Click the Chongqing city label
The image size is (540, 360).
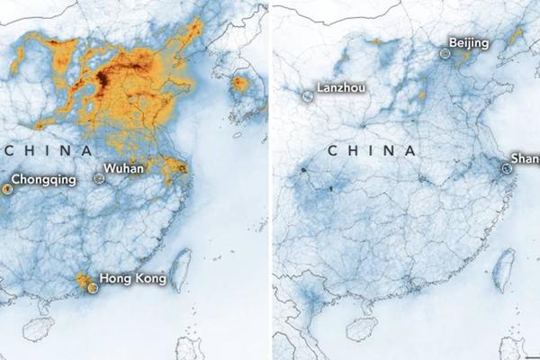43,179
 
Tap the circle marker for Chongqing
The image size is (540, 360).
5,188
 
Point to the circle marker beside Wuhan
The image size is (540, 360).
99,179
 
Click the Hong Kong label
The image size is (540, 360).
131,279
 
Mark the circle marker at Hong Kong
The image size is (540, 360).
92,287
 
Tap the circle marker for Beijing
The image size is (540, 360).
445,54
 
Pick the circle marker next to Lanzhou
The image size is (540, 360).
308,94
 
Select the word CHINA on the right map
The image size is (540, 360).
372,151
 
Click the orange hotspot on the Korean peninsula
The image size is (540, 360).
238,86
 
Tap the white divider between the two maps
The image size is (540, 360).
271,180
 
